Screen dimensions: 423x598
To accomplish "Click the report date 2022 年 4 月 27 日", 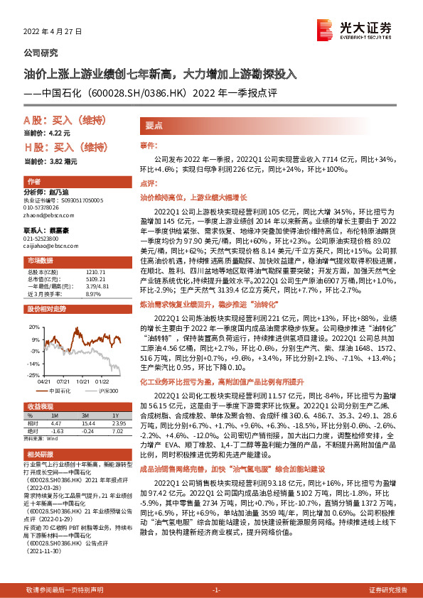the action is point(53,32).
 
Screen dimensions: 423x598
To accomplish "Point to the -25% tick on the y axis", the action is point(33,374).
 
